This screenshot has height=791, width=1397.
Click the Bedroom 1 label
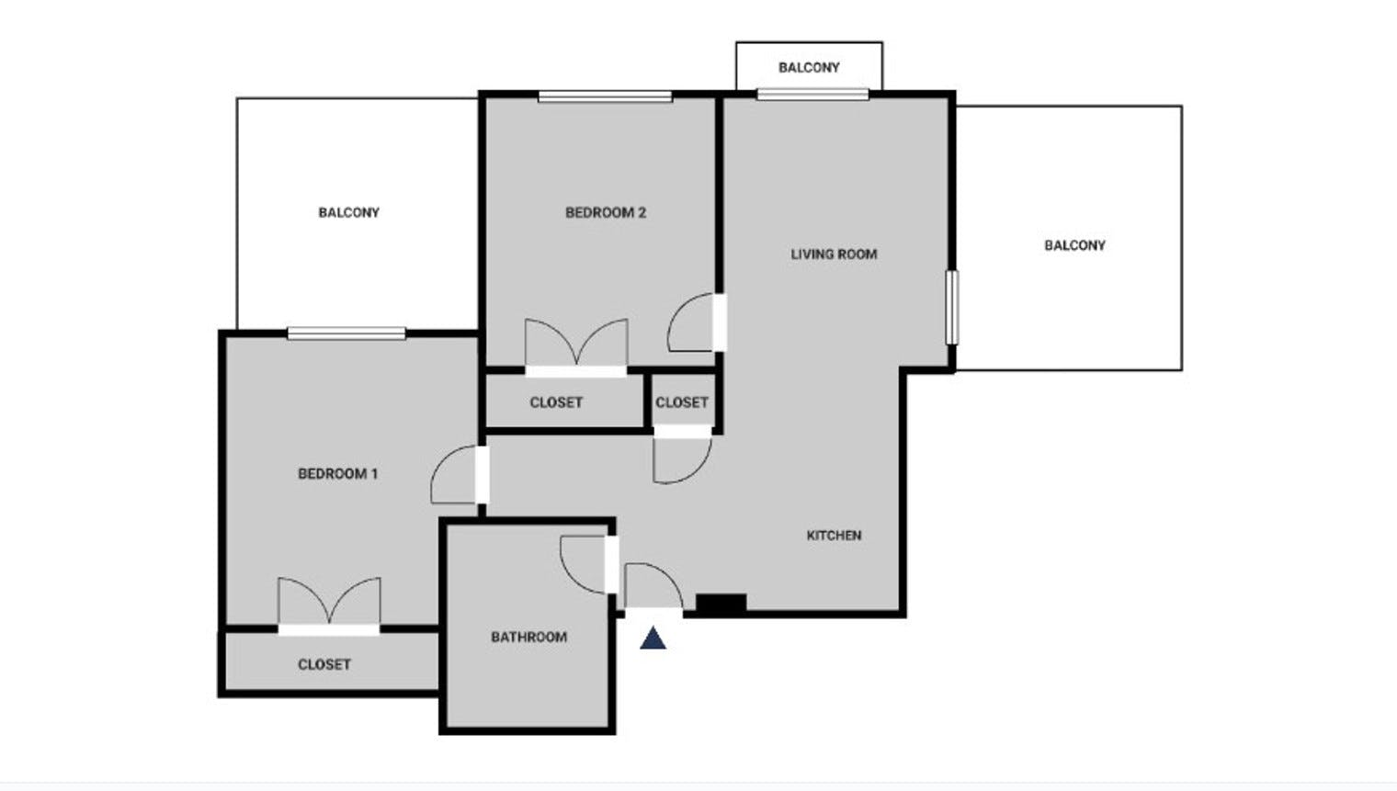(x=337, y=474)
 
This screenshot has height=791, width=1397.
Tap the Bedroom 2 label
(x=605, y=212)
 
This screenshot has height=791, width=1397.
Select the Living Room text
(x=834, y=254)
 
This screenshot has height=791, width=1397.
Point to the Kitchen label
(x=834, y=535)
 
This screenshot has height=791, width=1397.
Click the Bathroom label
(x=528, y=637)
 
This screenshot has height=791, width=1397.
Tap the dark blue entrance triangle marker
(x=653, y=638)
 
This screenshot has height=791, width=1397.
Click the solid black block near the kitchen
(x=721, y=604)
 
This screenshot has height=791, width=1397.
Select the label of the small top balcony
(x=809, y=67)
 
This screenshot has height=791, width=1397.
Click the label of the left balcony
(x=348, y=212)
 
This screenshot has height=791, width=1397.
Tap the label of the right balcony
(x=1074, y=245)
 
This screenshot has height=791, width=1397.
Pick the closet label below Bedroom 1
(x=324, y=664)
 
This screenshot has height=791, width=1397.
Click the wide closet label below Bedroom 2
(x=556, y=402)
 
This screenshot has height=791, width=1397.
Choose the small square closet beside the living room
(x=681, y=402)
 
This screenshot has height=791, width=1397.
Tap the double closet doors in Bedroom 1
(x=329, y=604)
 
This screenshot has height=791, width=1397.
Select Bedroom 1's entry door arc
(x=453, y=474)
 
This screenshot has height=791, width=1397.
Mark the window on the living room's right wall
(x=952, y=307)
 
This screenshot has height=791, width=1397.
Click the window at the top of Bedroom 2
(x=605, y=96)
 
